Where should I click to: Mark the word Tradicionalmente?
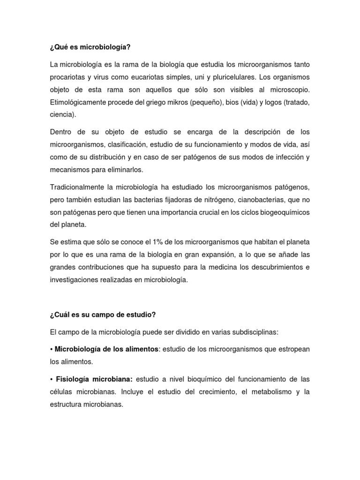(x=78, y=187)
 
